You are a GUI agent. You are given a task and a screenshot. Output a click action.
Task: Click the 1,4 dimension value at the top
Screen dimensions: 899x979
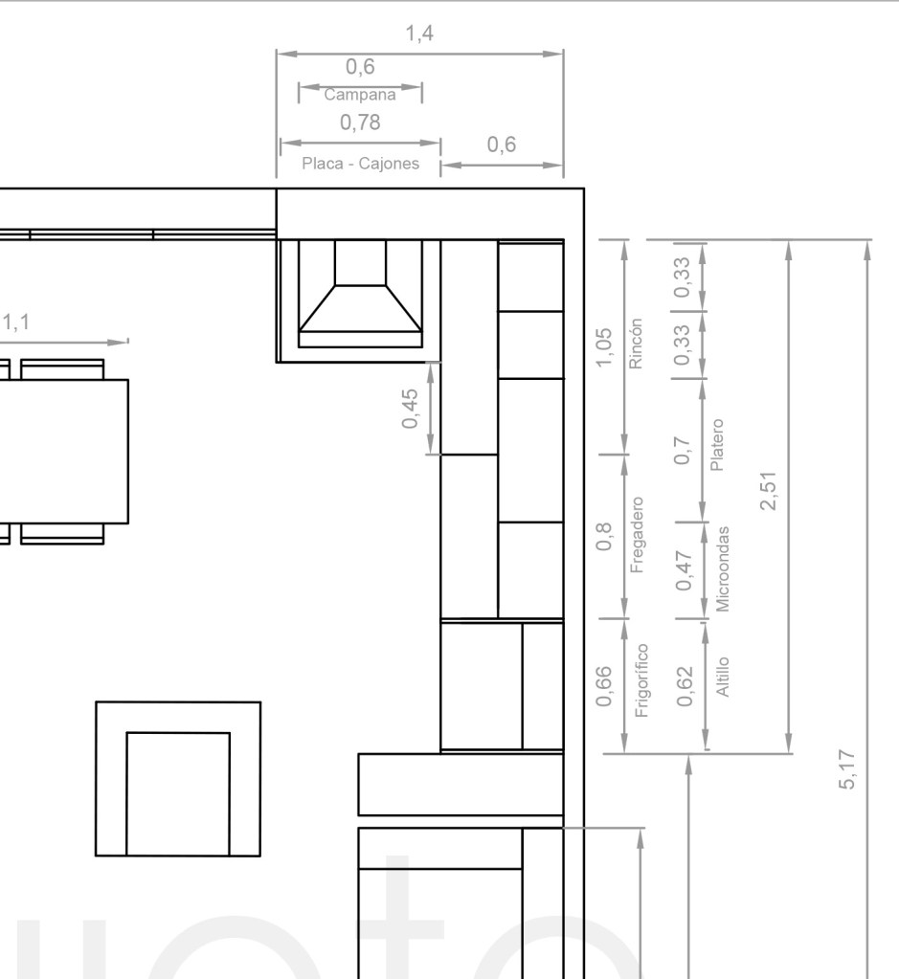coord(419,33)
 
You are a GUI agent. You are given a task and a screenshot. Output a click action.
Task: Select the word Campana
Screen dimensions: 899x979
coord(360,95)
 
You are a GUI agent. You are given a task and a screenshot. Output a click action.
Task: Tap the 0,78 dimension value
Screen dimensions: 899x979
coord(360,122)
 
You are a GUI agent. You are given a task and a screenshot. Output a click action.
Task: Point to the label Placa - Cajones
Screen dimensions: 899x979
coord(361,164)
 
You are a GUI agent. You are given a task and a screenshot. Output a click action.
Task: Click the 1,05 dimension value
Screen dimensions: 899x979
coord(604,347)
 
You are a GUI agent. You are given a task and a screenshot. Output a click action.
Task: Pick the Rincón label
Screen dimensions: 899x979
coord(636,344)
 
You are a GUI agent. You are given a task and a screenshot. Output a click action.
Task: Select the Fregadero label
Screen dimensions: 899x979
coord(637,535)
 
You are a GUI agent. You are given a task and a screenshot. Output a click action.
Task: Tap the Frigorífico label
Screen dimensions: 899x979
coord(641,679)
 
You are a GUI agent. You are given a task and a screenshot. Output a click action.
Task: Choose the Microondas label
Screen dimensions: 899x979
coord(722,568)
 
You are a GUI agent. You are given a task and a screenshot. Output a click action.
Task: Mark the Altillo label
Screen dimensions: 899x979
coord(722,677)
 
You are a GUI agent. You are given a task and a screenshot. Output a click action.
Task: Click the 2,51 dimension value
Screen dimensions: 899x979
coord(768,491)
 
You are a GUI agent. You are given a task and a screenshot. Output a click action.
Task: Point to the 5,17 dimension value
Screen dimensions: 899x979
coord(846,769)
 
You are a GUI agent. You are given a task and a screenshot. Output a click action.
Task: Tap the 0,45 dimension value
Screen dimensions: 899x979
coord(410,409)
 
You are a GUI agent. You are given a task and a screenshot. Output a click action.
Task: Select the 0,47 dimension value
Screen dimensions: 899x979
coord(685,570)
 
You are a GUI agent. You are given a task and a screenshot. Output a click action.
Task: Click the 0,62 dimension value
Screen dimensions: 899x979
coord(685,687)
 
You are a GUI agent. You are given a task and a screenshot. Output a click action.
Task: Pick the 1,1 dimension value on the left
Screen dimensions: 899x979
coord(15,323)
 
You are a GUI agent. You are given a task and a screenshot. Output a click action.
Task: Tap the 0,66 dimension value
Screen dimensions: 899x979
coord(604,687)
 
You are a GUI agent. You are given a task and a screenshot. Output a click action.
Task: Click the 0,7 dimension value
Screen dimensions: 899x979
coord(683,450)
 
